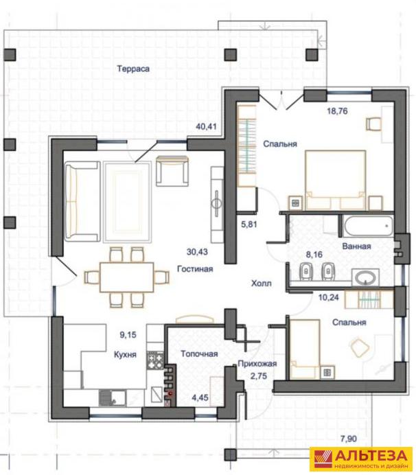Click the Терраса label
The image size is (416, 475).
(133, 69)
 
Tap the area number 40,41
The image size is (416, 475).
(206, 126)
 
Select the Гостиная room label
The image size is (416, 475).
(195, 269)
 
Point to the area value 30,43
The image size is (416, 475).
(197, 252)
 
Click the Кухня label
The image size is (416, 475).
(125, 354)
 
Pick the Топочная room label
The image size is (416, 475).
(199, 354)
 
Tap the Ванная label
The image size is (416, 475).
(356, 246)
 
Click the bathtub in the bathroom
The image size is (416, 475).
(369, 226)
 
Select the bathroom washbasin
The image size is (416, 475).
(365, 277)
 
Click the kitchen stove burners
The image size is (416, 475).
(155, 360)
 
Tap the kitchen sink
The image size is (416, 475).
(113, 397)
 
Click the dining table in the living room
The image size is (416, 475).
(126, 277)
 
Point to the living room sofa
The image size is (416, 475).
(82, 201)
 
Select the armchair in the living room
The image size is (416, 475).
(172, 171)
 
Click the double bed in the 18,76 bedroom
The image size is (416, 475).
(335, 180)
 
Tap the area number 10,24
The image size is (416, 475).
(328, 297)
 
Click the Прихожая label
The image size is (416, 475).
(257, 364)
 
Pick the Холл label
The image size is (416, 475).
(262, 283)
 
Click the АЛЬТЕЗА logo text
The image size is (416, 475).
(371, 455)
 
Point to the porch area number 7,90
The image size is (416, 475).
(349, 439)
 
